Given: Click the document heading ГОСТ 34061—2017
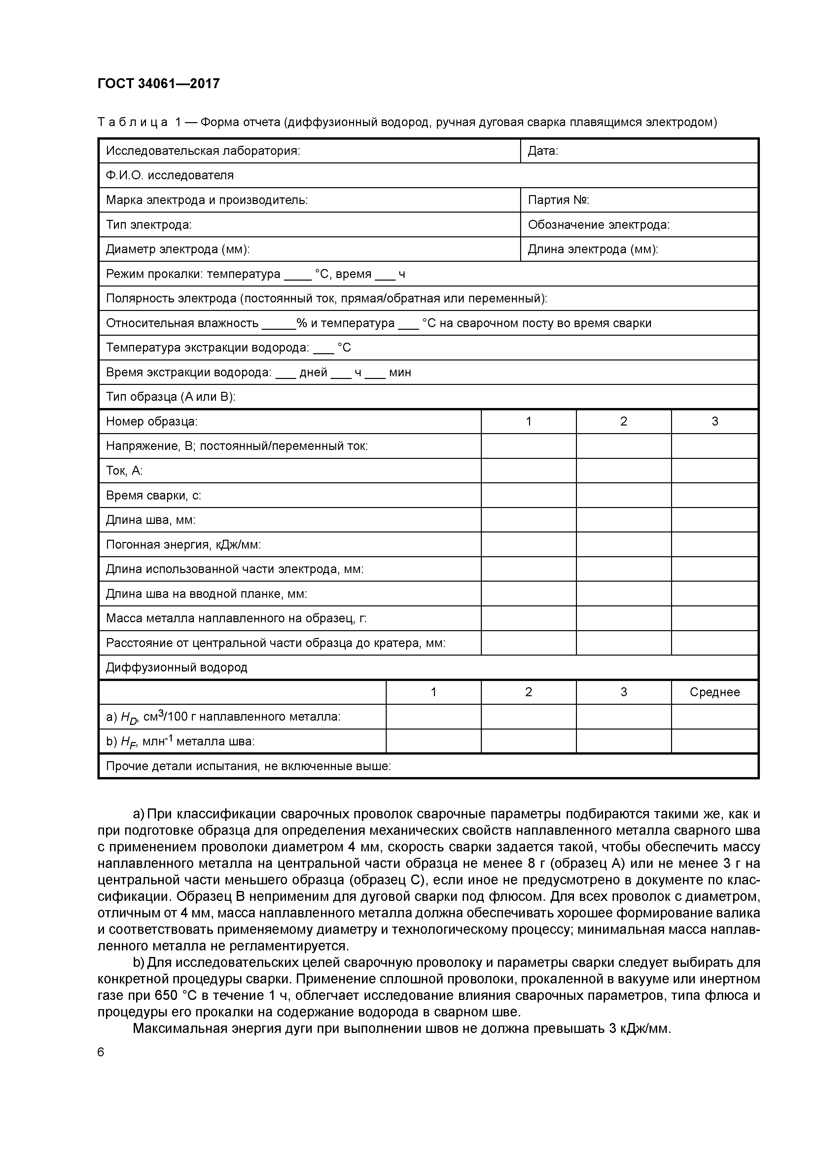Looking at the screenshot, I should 159,83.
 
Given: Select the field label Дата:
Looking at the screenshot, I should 543,151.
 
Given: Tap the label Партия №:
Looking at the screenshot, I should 558,200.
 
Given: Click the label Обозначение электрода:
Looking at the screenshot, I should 598,225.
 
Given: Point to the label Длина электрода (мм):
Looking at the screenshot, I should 592,250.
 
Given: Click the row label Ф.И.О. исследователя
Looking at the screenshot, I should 169,176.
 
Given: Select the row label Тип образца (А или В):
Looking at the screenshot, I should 170,397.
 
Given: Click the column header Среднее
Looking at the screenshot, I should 714,692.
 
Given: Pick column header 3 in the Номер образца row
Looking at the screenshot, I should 714,422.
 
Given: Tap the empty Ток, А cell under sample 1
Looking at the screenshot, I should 528,471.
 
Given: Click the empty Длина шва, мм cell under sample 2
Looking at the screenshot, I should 623,520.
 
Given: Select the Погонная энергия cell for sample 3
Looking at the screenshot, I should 714,545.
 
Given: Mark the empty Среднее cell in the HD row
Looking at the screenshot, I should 714,717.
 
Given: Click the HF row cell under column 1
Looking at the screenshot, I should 433,741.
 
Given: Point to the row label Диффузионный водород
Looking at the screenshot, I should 177,668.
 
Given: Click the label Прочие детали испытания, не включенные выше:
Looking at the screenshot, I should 248,766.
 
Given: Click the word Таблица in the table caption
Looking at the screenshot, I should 132,122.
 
